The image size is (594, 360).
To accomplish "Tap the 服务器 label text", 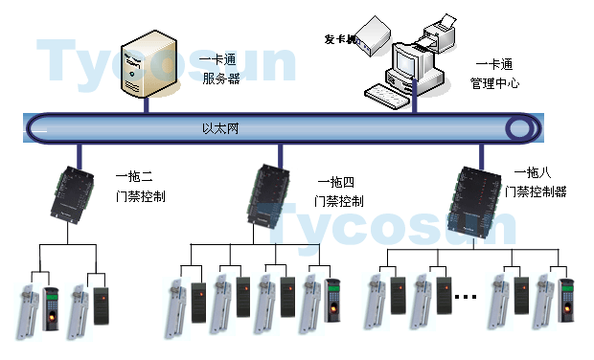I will pos(221,79).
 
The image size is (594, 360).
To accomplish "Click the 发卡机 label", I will pos(340,40).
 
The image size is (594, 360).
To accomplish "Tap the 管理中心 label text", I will pos(494,83).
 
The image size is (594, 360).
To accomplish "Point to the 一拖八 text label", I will pos(533,172).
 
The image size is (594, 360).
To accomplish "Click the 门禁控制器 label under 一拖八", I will pos(541,191).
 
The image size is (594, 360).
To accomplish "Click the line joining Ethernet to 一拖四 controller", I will pos(279,153).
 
